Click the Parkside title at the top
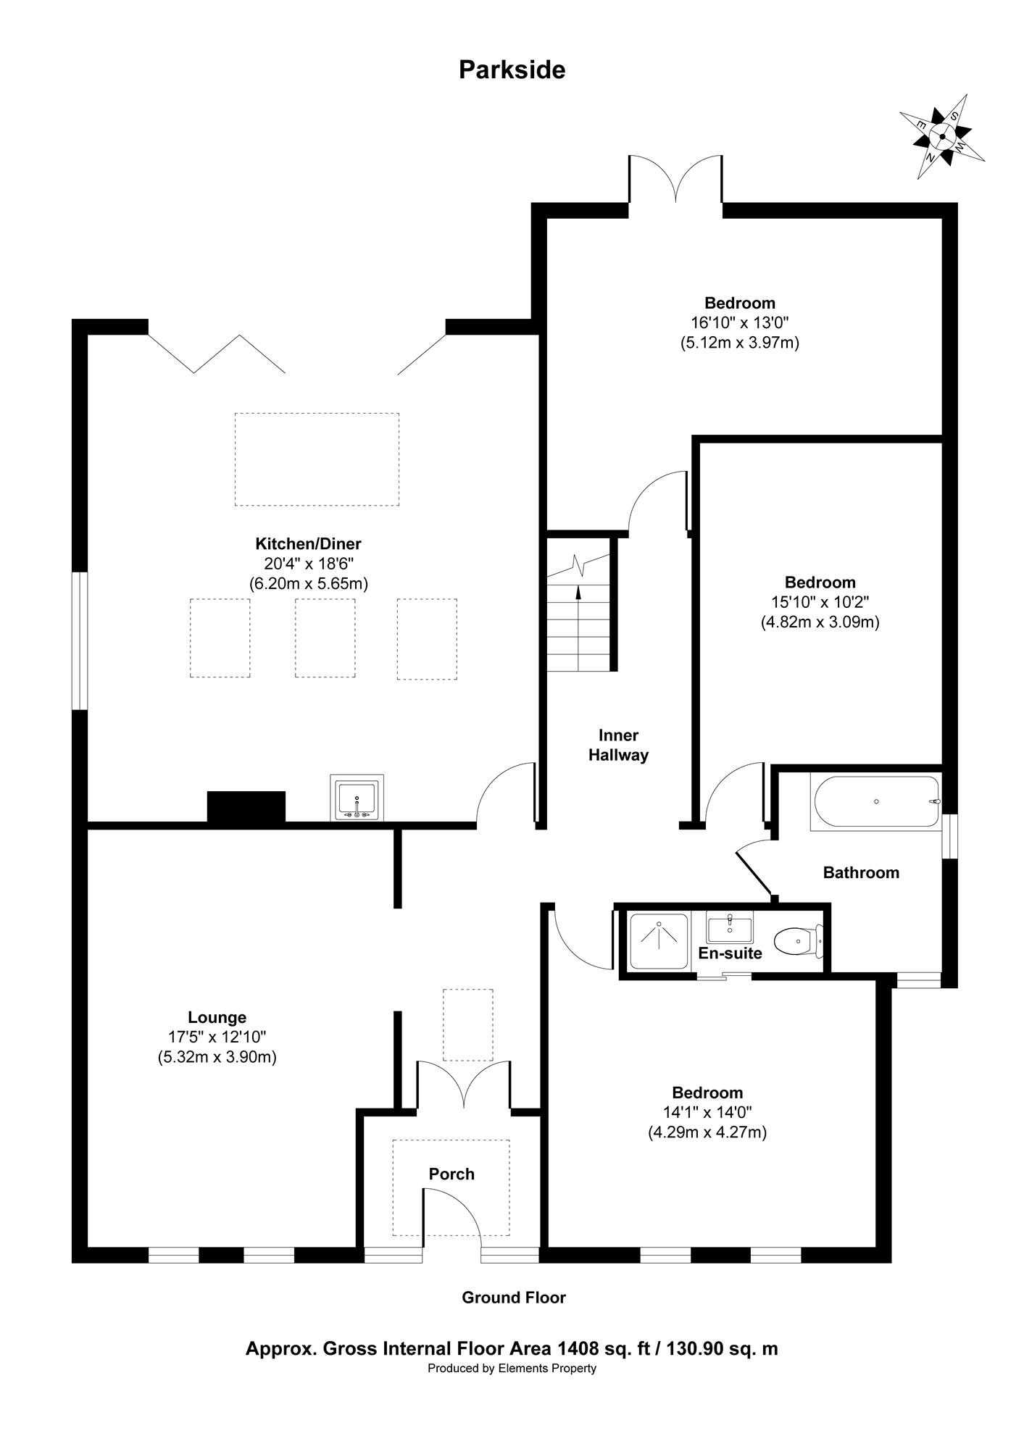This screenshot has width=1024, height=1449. [512, 70]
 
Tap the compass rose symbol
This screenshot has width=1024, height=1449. [942, 136]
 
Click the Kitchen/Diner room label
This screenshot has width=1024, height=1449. [308, 543]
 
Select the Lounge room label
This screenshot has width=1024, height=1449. [217, 1018]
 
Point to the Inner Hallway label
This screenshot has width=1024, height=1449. [618, 745]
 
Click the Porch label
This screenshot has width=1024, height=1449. [451, 1174]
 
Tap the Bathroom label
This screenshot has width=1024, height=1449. [861, 872]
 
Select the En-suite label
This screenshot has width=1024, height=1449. [730, 953]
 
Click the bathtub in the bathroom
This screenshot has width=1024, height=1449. [875, 801]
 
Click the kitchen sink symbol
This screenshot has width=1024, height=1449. [357, 798]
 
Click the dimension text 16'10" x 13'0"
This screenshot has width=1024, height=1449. [739, 322]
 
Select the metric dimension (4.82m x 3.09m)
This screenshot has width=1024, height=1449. [820, 622]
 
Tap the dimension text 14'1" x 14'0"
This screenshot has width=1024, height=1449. [707, 1112]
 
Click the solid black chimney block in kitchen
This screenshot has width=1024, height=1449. [246, 807]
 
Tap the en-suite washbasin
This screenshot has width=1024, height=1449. [729, 926]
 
